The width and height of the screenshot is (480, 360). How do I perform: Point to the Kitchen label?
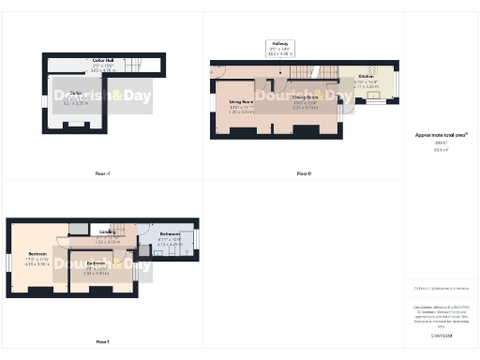click(x=366, y=76)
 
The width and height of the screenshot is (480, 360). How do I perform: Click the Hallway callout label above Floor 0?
click(x=279, y=43)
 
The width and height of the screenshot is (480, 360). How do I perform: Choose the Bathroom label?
click(x=170, y=233)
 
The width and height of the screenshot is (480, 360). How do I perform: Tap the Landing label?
click(x=107, y=232)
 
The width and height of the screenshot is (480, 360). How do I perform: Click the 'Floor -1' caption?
click(x=103, y=173)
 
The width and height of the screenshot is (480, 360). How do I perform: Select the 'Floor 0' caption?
click(x=303, y=173)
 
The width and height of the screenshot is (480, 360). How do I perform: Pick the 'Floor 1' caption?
click(x=103, y=341)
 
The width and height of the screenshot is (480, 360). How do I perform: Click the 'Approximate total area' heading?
click(x=442, y=135)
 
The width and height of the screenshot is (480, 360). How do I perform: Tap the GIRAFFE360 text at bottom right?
click(x=442, y=334)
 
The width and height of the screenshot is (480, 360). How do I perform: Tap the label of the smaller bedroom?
click(x=97, y=263)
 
